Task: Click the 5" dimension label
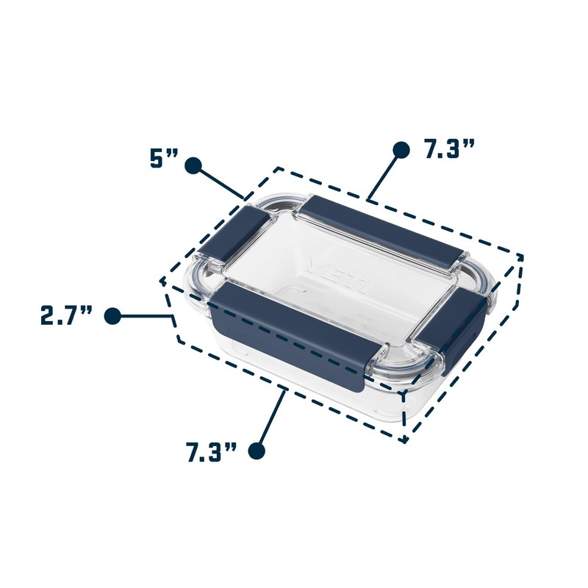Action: pyautogui.click(x=164, y=159)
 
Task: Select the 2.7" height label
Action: pyautogui.click(x=66, y=315)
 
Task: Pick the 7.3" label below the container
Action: pyautogui.click(x=212, y=452)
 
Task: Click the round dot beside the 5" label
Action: pyautogui.click(x=193, y=165)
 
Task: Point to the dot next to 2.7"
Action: pyautogui.click(x=112, y=316)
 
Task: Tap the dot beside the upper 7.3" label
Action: pyautogui.click(x=401, y=150)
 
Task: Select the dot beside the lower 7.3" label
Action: pyautogui.click(x=257, y=450)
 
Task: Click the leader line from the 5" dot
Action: pyautogui.click(x=221, y=183)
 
